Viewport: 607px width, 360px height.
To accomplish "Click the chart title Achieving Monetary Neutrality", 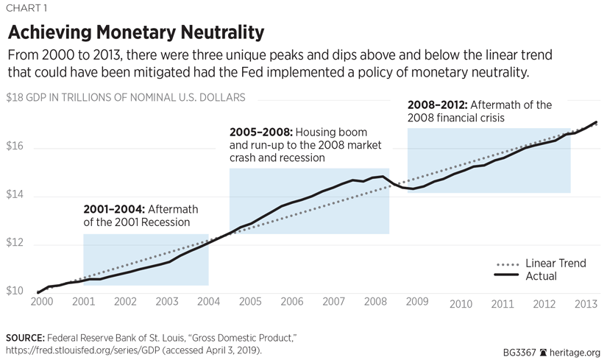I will click(x=136, y=33).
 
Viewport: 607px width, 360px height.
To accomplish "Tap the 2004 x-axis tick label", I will click(x=209, y=303).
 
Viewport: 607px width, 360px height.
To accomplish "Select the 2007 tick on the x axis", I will click(x=335, y=303).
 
